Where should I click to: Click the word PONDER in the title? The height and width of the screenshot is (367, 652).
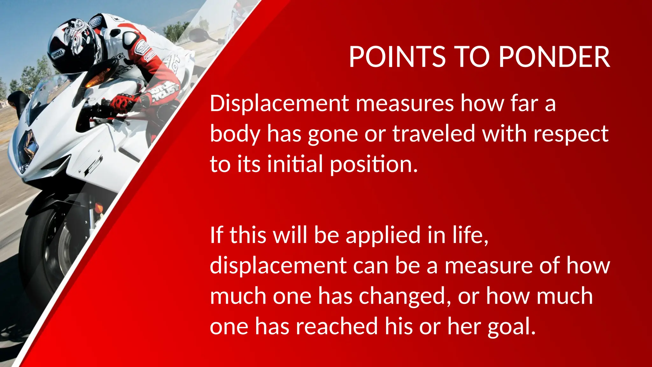[554, 57]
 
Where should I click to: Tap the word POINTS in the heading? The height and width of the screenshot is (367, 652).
[397, 57]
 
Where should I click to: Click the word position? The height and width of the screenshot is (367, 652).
[373, 164]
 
